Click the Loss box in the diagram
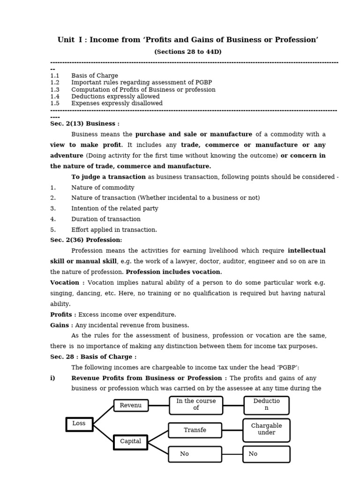click(79, 424)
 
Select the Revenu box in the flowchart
click(131, 405)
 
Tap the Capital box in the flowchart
click(130, 442)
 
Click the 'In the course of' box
click(195, 405)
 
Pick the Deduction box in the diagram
click(266, 405)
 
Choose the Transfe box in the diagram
click(195, 430)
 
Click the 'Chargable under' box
click(266, 430)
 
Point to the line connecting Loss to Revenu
click(103, 415)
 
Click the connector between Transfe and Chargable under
click(232, 430)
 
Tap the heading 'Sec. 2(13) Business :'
click(84, 124)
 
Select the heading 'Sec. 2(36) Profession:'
click(86, 240)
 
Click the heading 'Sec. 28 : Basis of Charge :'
click(93, 357)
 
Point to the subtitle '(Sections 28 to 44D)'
click(187, 52)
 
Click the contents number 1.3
click(55, 90)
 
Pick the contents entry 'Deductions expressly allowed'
click(115, 97)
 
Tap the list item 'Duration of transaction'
click(105, 219)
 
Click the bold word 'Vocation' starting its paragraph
click(65, 283)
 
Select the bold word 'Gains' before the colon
click(60, 325)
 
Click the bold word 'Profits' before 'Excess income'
click(61, 315)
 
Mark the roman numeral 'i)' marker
click(52, 378)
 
